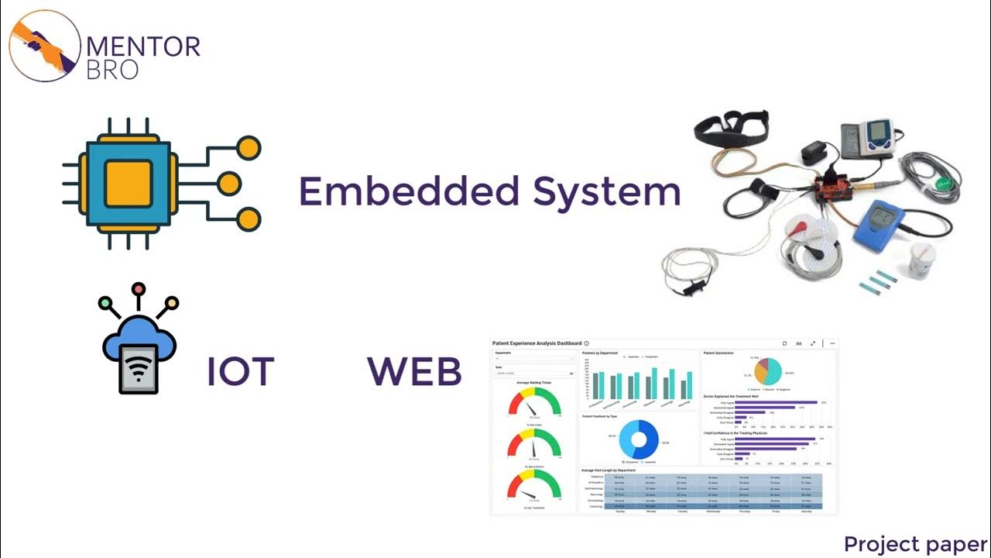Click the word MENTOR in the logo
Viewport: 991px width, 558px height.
[x=143, y=46]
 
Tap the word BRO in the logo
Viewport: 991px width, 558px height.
[x=113, y=69]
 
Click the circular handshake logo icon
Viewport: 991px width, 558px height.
[x=44, y=45]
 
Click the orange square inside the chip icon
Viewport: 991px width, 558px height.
[x=128, y=184]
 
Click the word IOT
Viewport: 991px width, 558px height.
[x=240, y=373]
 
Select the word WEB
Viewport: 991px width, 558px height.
[x=414, y=373]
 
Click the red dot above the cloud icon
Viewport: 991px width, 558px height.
[x=139, y=290]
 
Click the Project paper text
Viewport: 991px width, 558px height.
[x=915, y=544]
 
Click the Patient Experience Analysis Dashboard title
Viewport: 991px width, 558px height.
[x=537, y=343]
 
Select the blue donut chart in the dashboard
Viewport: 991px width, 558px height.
[x=640, y=439]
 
